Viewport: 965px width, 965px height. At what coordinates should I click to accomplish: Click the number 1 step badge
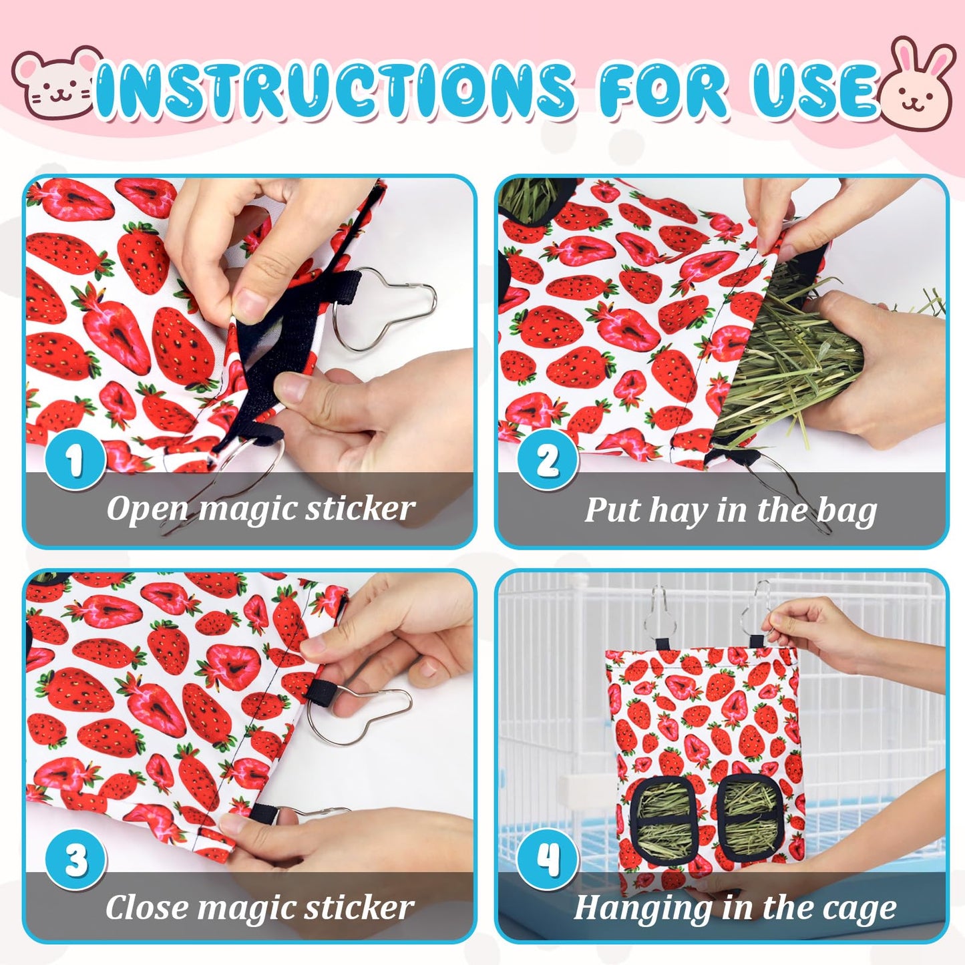click(x=75, y=459)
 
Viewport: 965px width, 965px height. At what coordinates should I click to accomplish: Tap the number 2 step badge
click(x=548, y=459)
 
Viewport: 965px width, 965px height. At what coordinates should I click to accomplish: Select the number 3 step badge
click(x=75, y=859)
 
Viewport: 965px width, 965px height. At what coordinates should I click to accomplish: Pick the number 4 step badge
click(x=548, y=859)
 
